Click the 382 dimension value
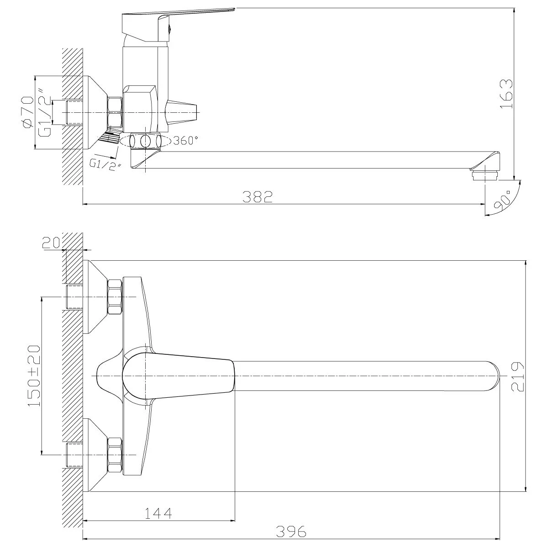coord(258,197)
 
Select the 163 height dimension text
coord(506,94)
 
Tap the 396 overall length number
coord(291,532)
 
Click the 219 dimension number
coord(517,377)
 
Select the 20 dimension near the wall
coord(51,243)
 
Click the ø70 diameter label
coord(28,112)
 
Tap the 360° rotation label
coord(185,141)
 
